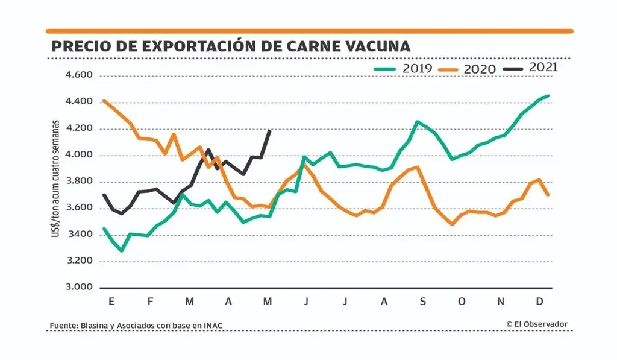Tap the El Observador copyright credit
(537, 324)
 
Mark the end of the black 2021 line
(269, 131)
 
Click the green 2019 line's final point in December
(549, 95)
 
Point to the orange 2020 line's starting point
(104, 101)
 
